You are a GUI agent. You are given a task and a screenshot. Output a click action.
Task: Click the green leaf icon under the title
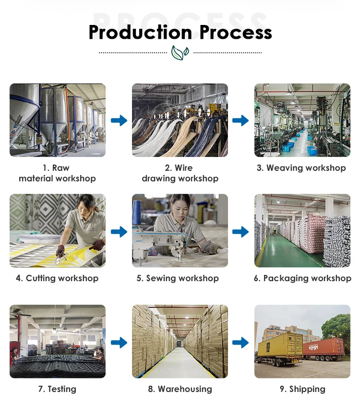point(180,52)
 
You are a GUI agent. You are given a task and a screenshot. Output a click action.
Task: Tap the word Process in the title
point(236,32)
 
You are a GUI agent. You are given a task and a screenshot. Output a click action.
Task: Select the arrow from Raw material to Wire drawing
point(119,120)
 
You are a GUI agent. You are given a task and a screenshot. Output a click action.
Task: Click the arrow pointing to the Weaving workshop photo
point(241,120)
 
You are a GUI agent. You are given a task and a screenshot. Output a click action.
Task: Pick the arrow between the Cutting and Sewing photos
point(119,232)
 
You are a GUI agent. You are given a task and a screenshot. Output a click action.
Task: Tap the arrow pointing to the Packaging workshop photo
point(241,232)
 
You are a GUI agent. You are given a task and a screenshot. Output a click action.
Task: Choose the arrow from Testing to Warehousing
point(119,343)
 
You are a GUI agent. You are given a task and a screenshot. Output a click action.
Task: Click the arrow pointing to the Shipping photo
point(241,343)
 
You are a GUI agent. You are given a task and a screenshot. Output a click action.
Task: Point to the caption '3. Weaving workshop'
point(301,168)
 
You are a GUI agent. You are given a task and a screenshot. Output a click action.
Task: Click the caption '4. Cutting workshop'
point(57,278)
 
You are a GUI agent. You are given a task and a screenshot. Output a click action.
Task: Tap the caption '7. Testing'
point(57,389)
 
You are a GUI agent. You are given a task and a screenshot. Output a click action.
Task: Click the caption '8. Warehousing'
point(180,389)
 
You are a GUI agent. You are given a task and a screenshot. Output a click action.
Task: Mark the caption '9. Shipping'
point(302,389)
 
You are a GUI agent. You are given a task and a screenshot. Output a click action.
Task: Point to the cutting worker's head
point(87,202)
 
